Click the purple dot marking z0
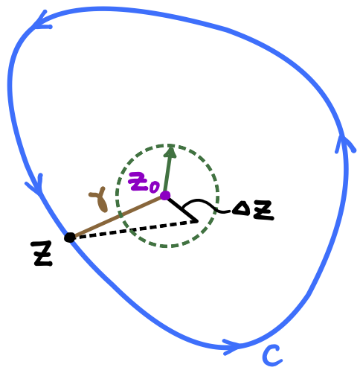165,196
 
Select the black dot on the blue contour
70,238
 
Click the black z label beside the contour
42,253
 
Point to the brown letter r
100,200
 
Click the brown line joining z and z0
118,217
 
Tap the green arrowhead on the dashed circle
170,152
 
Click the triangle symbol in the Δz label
240,209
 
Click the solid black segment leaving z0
181,209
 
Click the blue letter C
272,355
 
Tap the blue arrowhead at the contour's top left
42,21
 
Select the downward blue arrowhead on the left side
35,185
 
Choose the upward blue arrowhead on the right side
344,144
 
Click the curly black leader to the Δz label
206,205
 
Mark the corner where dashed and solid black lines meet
196,221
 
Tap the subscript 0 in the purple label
154,186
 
